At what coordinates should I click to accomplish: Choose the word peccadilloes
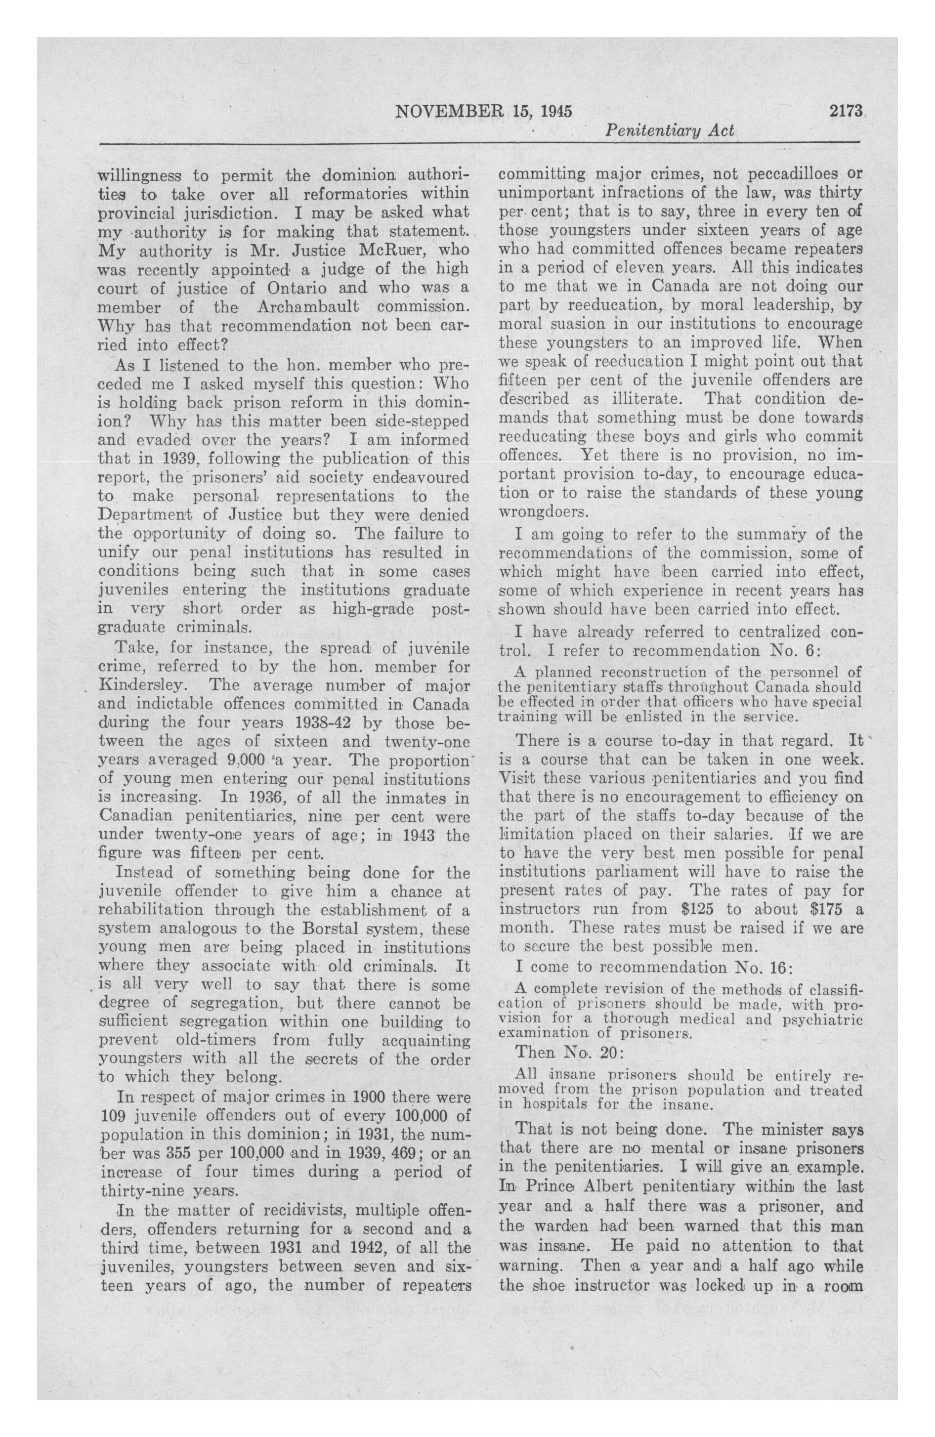pyautogui.click(x=778, y=175)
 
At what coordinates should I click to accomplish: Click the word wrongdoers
pyautogui.click(x=543, y=512)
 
